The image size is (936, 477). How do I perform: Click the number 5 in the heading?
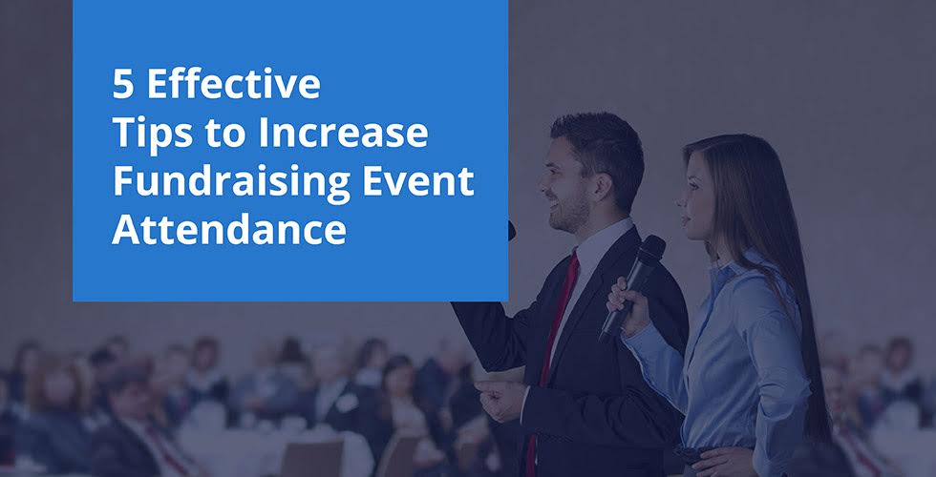[122, 84]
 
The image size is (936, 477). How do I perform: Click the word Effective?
[234, 84]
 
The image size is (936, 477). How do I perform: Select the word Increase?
[343, 133]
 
